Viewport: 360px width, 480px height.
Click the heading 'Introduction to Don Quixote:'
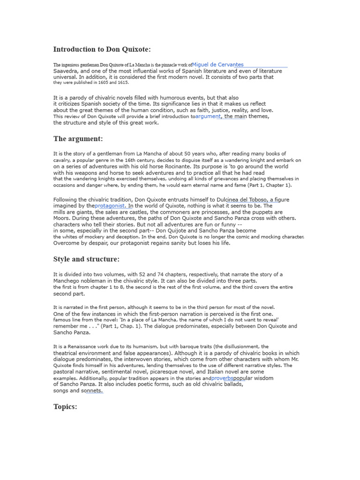tap(102, 49)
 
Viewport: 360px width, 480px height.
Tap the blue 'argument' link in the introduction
tap(208, 116)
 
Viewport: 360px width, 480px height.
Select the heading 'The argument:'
tap(78, 139)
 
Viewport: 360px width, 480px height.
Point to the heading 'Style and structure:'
tap(86, 259)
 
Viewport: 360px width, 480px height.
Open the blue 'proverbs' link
tap(222, 378)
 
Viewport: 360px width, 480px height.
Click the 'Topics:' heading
tap(65, 406)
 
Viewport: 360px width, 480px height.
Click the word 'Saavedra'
tap(66, 71)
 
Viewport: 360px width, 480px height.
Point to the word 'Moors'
tap(62, 218)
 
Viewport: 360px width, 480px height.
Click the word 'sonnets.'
tap(91, 390)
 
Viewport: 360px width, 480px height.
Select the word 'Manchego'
tap(67, 281)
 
